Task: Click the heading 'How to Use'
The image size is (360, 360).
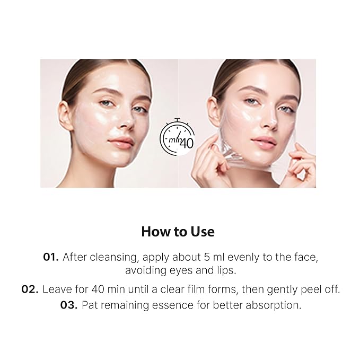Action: click(x=178, y=231)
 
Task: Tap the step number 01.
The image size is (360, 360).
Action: click(x=51, y=257)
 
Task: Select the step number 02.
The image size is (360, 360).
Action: click(x=30, y=289)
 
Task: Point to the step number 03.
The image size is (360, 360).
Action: click(x=68, y=305)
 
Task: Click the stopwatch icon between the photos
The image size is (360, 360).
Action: click(x=177, y=137)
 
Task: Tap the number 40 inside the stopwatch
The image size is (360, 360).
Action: click(x=187, y=143)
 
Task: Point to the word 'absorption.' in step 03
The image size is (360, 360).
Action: click(x=273, y=305)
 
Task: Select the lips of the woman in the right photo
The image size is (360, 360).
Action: click(x=264, y=142)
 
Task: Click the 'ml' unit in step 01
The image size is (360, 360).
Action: click(x=219, y=257)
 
